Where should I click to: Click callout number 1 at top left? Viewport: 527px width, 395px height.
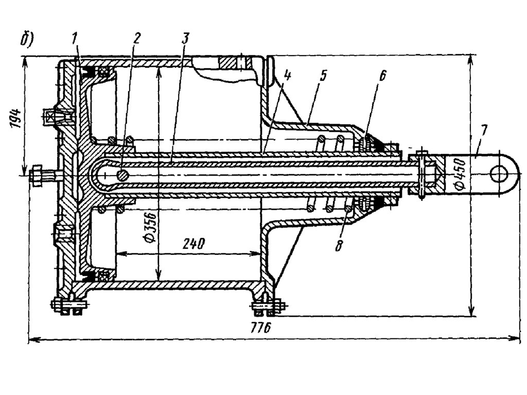point(75,40)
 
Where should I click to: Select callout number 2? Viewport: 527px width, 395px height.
point(136,39)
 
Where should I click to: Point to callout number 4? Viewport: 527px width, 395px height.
point(287,76)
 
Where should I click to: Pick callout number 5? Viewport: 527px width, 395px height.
point(323,76)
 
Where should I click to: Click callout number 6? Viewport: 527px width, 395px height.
point(383,76)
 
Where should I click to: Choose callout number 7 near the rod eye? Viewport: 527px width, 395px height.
point(483,130)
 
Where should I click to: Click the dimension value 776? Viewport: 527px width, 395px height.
point(261,327)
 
